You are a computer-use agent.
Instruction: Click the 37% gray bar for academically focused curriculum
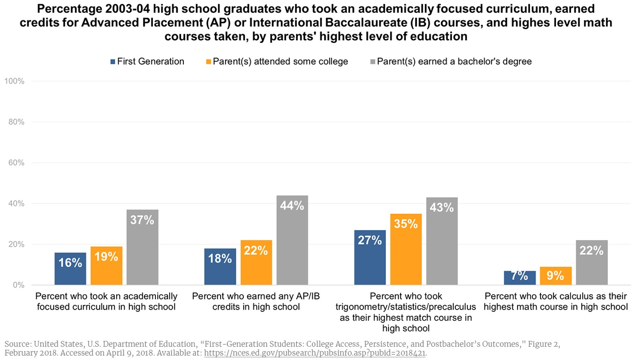[142, 247]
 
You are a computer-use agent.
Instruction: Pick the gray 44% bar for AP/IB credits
[292, 240]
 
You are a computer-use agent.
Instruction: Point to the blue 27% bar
[370, 257]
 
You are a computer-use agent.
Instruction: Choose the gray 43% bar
[442, 241]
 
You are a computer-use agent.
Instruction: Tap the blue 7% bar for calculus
[520, 277]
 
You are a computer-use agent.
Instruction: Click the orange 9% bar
[556, 276]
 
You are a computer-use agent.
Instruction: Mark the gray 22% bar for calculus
[592, 262]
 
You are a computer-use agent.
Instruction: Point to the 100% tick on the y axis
[15, 81]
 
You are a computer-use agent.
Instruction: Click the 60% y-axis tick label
[16, 163]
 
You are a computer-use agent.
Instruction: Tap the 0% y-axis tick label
[18, 285]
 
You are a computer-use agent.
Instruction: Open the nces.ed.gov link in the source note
[314, 353]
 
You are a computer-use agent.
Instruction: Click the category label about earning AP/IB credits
[256, 301]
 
